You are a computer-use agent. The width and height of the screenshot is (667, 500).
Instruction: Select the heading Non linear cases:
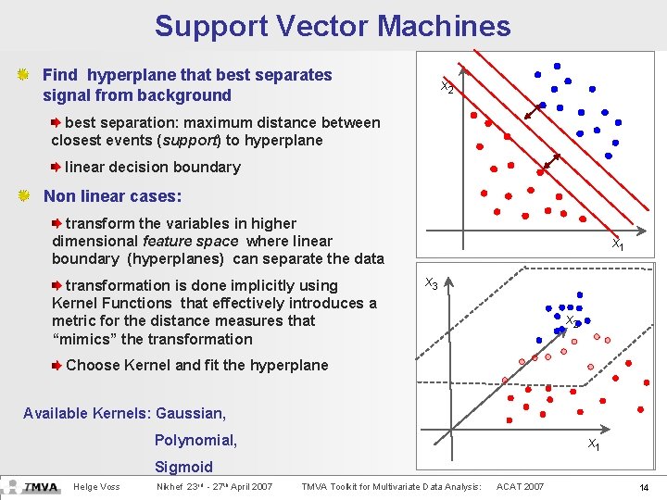click(112, 196)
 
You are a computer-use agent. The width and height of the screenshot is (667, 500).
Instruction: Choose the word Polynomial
click(195, 440)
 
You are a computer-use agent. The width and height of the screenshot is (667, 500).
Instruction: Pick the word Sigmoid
click(183, 467)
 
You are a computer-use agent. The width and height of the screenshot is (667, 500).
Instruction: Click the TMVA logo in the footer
click(41, 486)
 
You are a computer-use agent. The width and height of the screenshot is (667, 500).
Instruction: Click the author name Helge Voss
click(96, 487)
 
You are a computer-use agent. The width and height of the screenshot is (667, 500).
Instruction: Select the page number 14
click(643, 487)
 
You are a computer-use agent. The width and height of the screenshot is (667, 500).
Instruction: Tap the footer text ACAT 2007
click(521, 487)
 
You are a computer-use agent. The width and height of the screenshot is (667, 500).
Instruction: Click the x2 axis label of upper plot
click(447, 88)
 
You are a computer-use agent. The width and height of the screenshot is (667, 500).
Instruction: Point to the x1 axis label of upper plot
click(616, 245)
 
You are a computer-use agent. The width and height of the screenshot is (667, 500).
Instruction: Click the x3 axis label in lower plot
click(432, 283)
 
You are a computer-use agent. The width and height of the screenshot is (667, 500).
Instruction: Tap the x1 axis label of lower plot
click(593, 445)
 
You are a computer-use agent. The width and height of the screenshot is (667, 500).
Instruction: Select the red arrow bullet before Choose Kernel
click(57, 365)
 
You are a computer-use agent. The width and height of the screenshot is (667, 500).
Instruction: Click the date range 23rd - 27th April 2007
click(214, 487)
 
